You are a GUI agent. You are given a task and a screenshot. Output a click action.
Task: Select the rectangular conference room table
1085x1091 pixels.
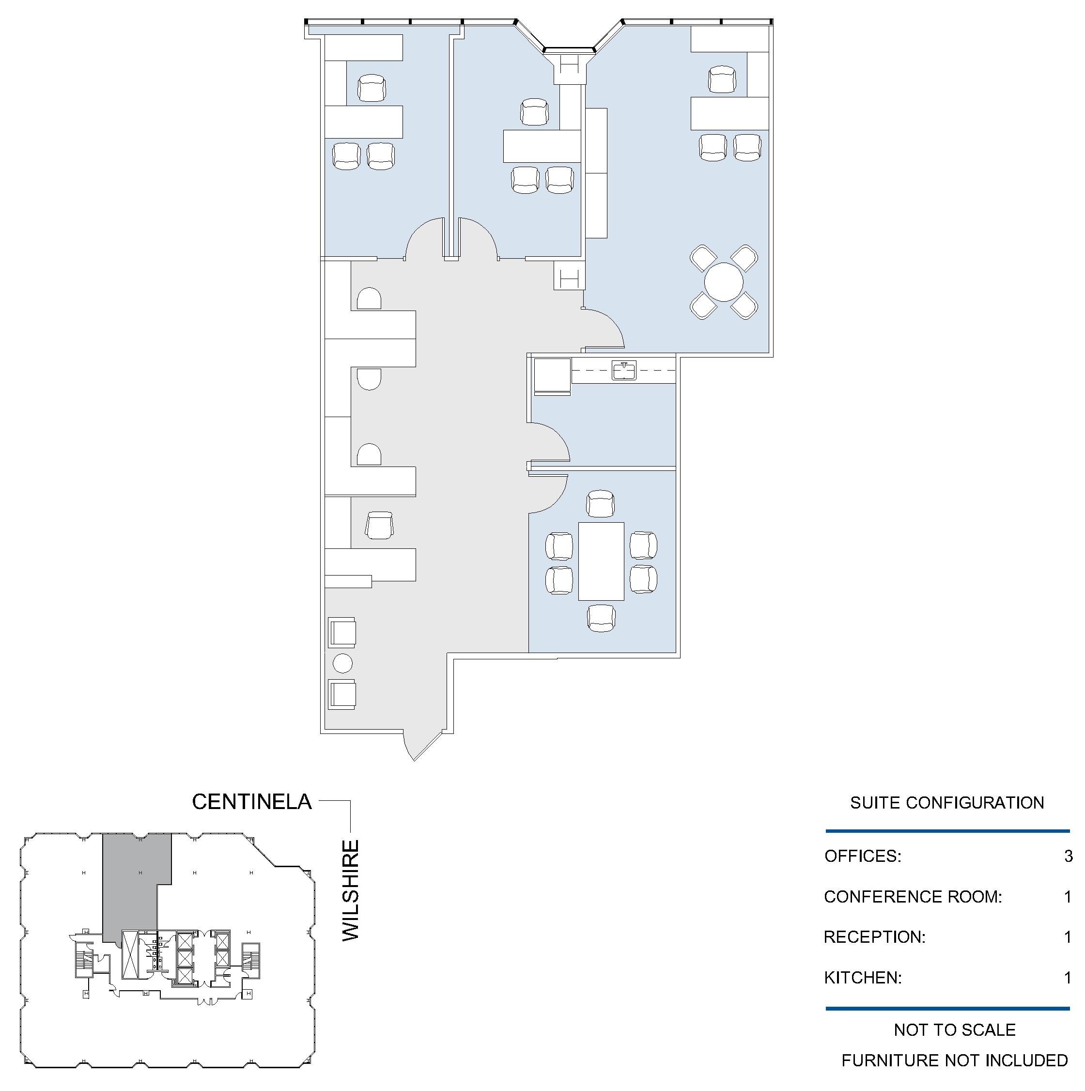(601, 561)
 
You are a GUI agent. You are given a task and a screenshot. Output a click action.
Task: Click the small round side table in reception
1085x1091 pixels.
(342, 663)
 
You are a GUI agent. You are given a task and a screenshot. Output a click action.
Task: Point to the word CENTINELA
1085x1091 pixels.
(252, 801)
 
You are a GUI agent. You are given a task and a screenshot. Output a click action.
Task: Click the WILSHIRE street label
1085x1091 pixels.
(351, 890)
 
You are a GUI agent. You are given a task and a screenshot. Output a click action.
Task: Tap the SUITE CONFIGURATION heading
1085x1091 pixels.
(946, 802)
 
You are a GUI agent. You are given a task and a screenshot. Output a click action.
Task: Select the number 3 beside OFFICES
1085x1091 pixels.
(1068, 856)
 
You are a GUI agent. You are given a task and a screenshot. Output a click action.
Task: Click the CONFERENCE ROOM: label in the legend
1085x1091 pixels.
(913, 897)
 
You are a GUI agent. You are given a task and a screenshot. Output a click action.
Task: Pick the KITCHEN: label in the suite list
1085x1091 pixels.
(863, 978)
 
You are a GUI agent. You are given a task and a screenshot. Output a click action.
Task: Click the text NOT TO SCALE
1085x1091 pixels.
(955, 1030)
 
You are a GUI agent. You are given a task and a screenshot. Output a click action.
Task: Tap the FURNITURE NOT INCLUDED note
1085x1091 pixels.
(955, 1060)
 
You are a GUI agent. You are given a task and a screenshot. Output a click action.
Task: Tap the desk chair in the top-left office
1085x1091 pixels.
(372, 88)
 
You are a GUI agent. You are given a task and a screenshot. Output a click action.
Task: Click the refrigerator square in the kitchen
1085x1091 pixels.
(552, 375)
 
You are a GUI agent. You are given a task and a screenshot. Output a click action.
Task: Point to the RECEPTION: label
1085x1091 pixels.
(874, 937)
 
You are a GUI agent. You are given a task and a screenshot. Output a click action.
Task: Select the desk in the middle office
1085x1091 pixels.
(542, 146)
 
